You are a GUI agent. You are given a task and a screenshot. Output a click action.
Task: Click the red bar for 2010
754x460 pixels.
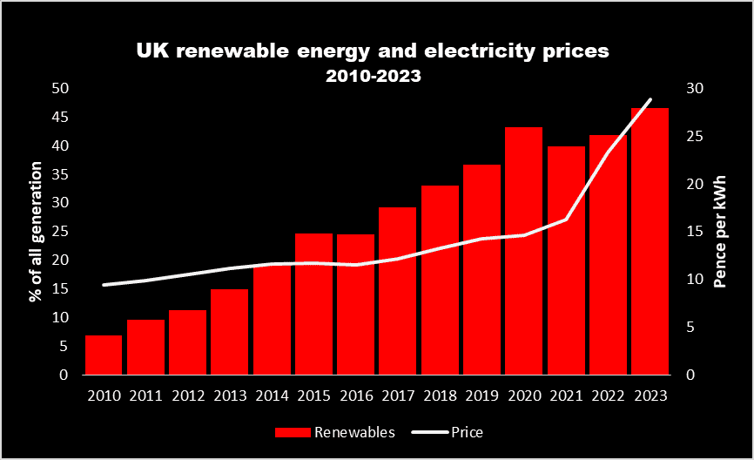pyautogui.click(x=103, y=355)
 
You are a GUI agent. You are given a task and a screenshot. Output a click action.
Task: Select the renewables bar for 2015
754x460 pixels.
pyautogui.click(x=313, y=304)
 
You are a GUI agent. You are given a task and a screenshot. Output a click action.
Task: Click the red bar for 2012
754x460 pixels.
pyautogui.click(x=187, y=342)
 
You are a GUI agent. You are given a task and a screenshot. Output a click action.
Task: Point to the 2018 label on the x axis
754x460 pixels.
pyautogui.click(x=440, y=395)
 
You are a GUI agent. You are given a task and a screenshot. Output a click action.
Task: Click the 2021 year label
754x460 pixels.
pyautogui.click(x=566, y=395)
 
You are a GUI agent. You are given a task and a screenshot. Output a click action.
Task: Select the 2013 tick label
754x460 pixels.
pyautogui.click(x=229, y=395)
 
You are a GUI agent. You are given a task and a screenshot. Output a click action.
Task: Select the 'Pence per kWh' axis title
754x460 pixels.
pyautogui.click(x=721, y=230)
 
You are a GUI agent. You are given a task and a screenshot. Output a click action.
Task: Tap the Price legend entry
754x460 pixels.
pyautogui.click(x=468, y=432)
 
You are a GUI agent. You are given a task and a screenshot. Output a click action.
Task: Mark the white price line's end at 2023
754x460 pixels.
pyautogui.click(x=650, y=99)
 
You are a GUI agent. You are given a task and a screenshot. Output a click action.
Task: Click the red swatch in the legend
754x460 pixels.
pyautogui.click(x=292, y=432)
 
